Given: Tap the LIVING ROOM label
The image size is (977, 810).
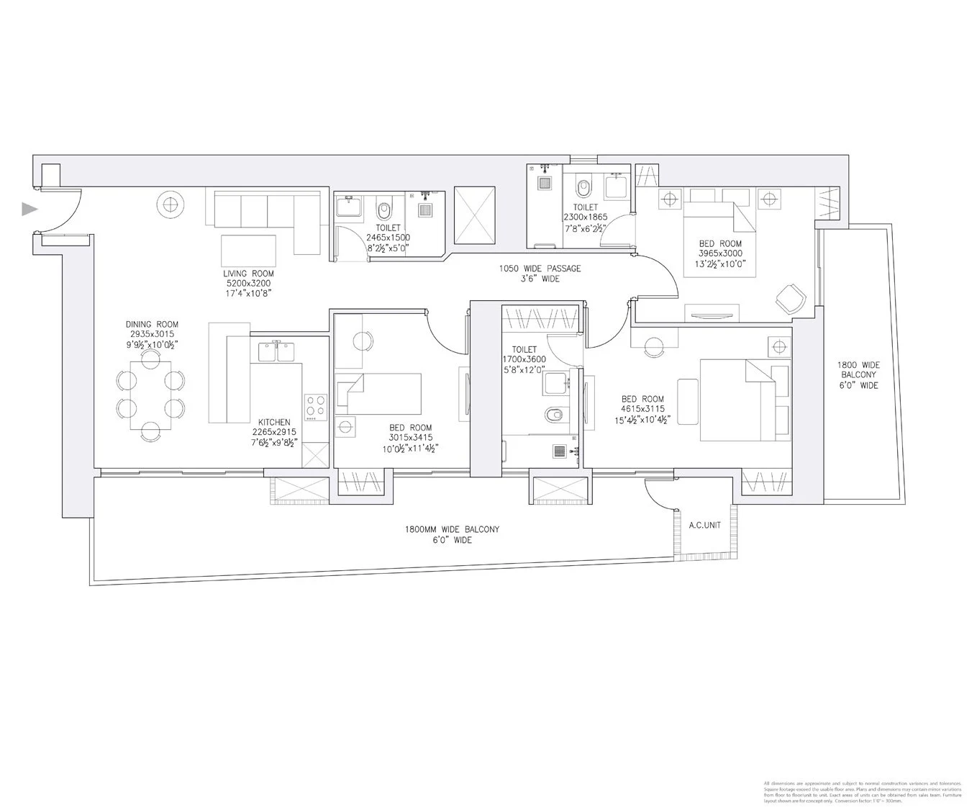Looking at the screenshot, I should [248, 274].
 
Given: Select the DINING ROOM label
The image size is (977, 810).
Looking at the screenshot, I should [152, 325].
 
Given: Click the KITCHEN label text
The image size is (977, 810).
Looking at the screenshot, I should [274, 423].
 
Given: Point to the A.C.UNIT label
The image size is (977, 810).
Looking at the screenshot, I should [704, 526].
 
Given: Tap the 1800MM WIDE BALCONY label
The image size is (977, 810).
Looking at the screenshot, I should [452, 529].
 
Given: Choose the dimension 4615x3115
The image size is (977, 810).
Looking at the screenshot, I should [642, 409].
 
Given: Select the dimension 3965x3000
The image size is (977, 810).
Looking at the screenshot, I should [719, 253].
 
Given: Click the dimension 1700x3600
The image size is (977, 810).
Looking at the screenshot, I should [524, 359].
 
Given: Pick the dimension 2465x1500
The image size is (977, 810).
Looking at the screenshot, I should [388, 237].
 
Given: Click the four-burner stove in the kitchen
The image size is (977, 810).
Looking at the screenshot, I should [315, 407].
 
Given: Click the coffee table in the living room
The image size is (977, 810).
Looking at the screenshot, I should [248, 251].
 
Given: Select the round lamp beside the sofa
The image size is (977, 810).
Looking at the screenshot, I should [171, 205].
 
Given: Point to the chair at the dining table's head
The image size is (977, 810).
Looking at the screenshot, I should [151, 431].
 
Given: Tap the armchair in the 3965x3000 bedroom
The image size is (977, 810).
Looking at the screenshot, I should [790, 297].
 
